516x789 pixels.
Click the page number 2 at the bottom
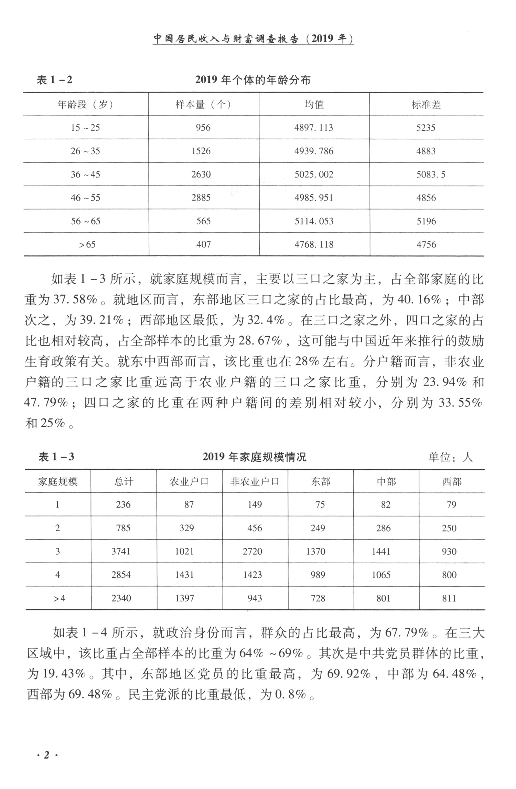click(46, 755)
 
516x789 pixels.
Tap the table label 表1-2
click(54, 80)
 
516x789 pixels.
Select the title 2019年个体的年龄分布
click(253, 80)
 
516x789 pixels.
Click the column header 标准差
click(426, 105)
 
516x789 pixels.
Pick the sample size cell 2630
click(201, 174)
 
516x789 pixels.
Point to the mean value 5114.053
click(314, 221)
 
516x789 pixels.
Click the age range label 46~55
click(85, 198)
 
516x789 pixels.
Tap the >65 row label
click(87, 245)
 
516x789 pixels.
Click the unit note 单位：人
click(450, 457)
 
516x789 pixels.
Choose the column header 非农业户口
click(255, 481)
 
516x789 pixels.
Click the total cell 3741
click(121, 552)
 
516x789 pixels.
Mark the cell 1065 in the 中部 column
click(381, 575)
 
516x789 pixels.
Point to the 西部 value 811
click(449, 598)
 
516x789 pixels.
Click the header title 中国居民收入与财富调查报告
click(226, 39)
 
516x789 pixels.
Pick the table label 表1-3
click(56, 457)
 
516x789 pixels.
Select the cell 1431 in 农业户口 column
click(184, 575)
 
